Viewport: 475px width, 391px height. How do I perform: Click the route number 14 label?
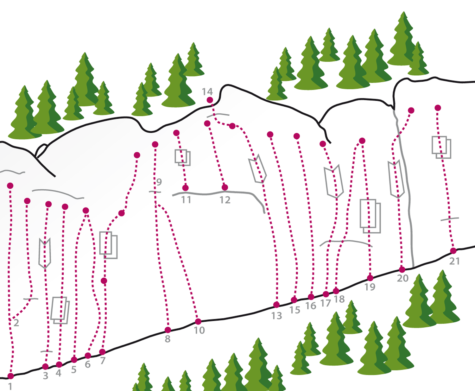207,92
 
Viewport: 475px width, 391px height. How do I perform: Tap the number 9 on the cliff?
159,182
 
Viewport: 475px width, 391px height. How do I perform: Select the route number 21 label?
454,261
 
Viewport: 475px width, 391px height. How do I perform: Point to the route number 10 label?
199,331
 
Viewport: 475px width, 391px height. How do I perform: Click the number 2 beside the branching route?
16,323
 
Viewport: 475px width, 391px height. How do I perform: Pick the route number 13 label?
276,316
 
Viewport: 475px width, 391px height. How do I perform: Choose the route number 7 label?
103,361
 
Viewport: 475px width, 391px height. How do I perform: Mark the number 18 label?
339,299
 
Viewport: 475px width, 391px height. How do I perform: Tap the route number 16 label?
311,306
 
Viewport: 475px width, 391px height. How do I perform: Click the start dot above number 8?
168,330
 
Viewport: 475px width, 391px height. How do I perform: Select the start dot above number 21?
453,251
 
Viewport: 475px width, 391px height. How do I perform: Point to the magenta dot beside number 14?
210,100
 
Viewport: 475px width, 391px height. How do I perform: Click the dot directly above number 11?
185,188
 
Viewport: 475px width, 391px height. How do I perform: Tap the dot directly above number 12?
225,187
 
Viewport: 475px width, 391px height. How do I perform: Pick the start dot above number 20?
402,269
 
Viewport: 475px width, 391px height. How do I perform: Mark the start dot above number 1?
10,376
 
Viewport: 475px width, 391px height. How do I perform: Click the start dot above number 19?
370,278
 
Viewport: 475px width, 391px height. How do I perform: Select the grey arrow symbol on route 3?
45,253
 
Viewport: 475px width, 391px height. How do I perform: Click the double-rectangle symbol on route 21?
441,147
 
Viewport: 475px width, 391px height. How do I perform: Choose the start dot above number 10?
198,321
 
